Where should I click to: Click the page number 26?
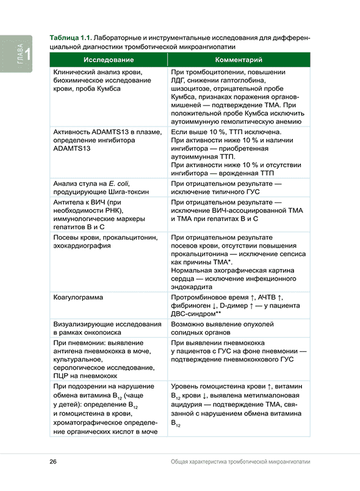click(54, 462)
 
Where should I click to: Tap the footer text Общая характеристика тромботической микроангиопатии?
click(240, 462)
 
